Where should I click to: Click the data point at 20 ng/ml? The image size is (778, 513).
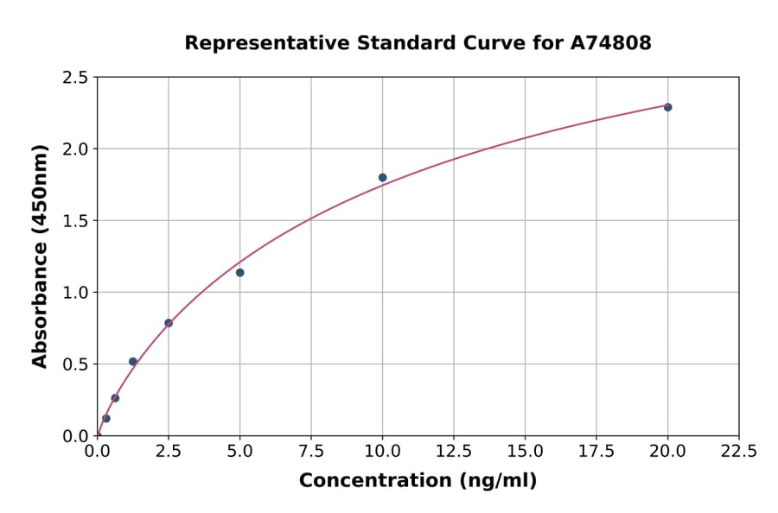[x=667, y=107]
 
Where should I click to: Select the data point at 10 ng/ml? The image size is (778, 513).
[x=382, y=177]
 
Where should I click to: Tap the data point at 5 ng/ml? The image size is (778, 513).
[x=239, y=273]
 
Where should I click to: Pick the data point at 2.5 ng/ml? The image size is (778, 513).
[x=169, y=323]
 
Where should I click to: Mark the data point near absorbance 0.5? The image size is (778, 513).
[x=133, y=362]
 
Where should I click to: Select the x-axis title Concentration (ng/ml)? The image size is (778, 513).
[x=418, y=481]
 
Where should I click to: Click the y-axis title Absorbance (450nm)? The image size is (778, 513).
[x=40, y=256]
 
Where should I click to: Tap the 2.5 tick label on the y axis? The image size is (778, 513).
[x=75, y=78]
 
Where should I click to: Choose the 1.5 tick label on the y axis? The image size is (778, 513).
[x=75, y=221]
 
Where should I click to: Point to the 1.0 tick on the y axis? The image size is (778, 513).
[x=75, y=293]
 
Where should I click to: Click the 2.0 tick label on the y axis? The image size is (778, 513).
[x=75, y=149]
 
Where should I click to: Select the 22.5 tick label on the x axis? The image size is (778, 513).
[x=738, y=452]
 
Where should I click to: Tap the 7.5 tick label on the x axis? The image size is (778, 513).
[x=311, y=452]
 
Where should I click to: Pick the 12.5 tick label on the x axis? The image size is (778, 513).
[x=454, y=452]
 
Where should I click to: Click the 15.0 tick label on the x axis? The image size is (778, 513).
[x=525, y=452]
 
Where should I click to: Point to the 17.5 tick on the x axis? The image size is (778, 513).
[x=596, y=452]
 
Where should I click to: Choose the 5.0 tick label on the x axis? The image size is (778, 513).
[x=239, y=452]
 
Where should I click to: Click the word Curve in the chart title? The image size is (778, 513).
[x=484, y=42]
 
